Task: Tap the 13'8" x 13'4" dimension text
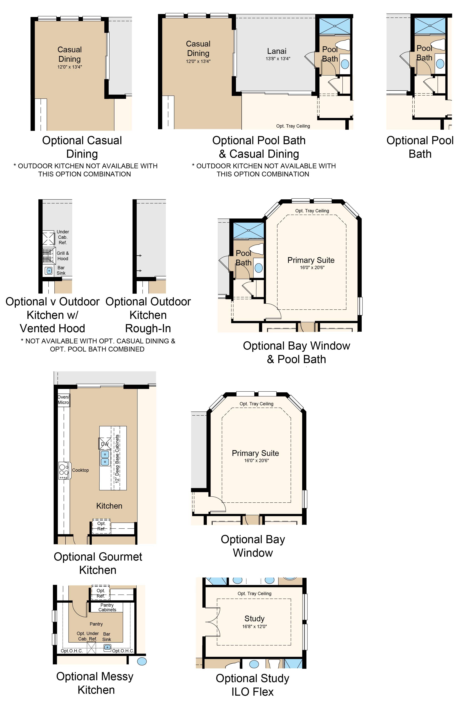click(x=278, y=59)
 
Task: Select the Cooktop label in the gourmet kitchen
click(x=80, y=470)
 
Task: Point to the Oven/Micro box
click(x=63, y=400)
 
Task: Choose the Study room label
click(x=254, y=618)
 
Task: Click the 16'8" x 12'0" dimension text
click(x=254, y=626)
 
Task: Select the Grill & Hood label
click(x=63, y=256)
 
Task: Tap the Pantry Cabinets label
click(x=107, y=607)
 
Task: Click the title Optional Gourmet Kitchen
click(x=98, y=563)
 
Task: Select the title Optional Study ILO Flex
click(x=253, y=685)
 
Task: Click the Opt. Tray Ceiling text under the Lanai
click(x=293, y=126)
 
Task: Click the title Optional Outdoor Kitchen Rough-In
click(x=148, y=315)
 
